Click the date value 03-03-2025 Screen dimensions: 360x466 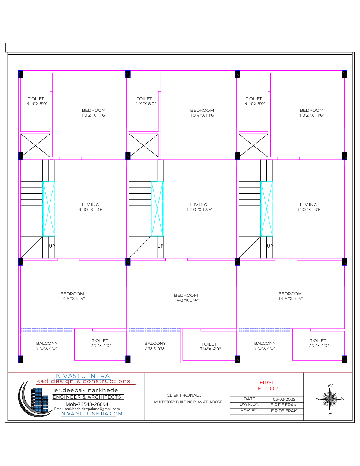284,399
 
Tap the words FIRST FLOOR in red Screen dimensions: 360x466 268,385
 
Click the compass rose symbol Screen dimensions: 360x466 330,399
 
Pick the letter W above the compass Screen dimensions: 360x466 330,385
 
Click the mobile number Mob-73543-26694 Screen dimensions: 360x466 87,404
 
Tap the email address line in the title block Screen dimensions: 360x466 87,409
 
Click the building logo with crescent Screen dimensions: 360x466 34,399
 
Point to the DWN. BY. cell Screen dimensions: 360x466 249,404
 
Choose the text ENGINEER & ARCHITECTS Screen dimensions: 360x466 87,397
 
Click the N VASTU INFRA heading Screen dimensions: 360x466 83,376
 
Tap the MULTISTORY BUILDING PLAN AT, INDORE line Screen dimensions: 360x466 188,402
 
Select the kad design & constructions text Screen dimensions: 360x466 83,381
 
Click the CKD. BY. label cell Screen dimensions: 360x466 249,410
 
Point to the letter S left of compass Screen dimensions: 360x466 317,399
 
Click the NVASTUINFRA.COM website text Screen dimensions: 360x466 92,414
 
